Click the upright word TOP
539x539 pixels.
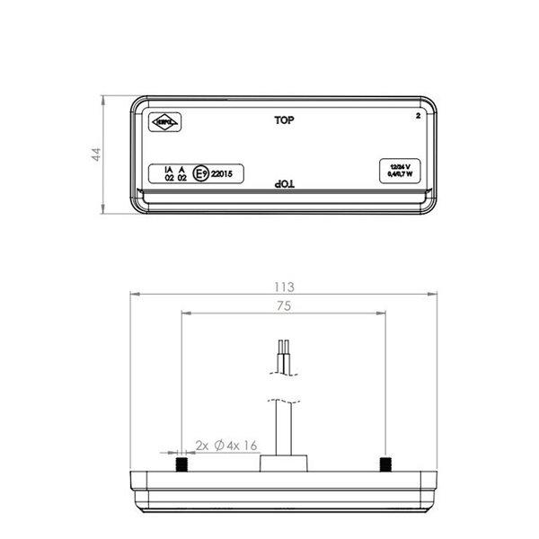(284, 119)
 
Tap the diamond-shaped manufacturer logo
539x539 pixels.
(166, 119)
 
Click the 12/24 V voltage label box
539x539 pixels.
(401, 170)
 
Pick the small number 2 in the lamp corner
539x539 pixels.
(418, 117)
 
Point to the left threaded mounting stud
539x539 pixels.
(182, 464)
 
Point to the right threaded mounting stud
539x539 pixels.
(384, 464)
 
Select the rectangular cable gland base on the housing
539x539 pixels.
(283, 464)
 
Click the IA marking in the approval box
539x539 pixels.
(168, 169)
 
